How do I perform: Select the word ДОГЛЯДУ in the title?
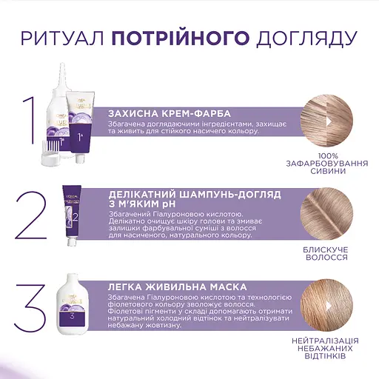tap(303, 37)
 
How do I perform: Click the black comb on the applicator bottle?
tap(50, 141)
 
